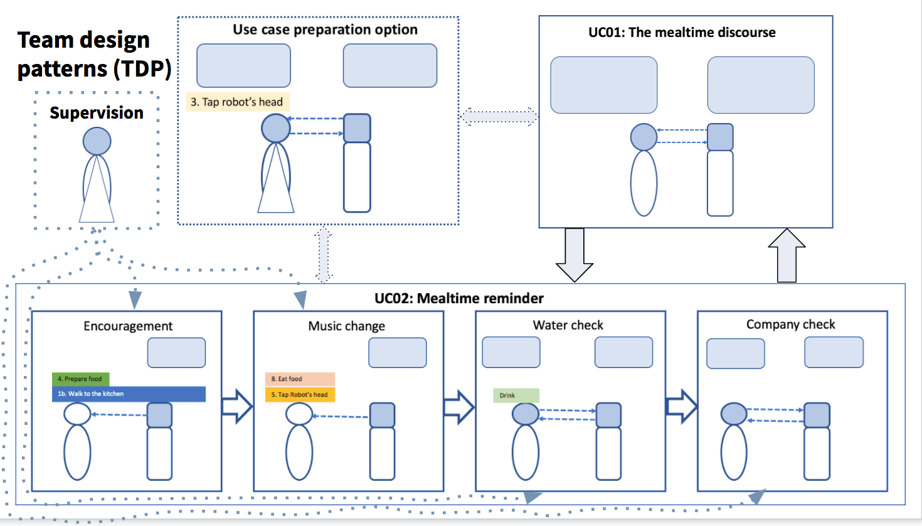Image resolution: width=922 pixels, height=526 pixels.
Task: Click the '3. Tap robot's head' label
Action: (238, 102)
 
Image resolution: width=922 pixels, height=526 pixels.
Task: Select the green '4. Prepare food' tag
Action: (80, 379)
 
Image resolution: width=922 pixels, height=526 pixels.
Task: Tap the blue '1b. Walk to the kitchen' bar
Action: (129, 394)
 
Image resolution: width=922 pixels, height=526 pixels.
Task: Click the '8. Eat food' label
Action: (300, 379)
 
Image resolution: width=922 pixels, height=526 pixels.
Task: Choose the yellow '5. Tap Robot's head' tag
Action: (300, 395)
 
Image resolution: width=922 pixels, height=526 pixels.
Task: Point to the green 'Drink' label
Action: (516, 395)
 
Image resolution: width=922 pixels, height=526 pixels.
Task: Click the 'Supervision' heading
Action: (97, 113)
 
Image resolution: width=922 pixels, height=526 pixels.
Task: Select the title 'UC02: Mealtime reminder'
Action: (458, 298)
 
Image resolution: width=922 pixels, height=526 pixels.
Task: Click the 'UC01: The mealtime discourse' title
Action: (682, 33)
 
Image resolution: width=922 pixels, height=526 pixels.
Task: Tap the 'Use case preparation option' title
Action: (325, 30)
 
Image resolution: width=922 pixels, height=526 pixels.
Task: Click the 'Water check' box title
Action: (568, 325)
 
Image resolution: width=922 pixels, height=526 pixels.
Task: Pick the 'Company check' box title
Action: (790, 325)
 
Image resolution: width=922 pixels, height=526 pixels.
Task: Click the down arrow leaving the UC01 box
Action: (575, 255)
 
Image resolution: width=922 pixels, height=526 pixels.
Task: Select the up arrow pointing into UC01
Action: (787, 255)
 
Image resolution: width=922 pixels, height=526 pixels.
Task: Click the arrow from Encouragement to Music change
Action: (237, 407)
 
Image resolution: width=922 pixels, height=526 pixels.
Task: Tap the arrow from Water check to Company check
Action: (681, 407)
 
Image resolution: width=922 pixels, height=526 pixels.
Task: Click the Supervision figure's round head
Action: (97, 141)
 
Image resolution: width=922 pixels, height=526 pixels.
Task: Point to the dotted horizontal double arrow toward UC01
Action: (499, 117)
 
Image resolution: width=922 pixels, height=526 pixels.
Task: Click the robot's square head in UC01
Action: (720, 137)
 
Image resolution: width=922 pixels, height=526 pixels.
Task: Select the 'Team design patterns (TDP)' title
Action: (94, 54)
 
